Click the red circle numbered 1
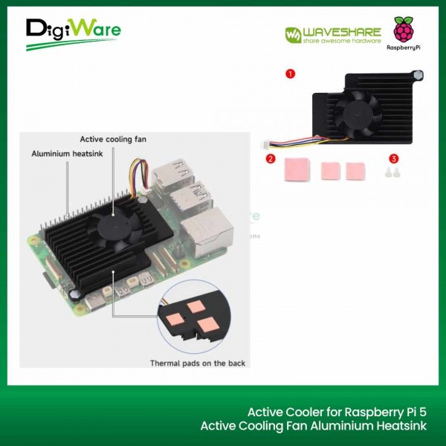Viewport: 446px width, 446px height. [290, 74]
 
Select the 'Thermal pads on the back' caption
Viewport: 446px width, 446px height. [198, 363]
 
